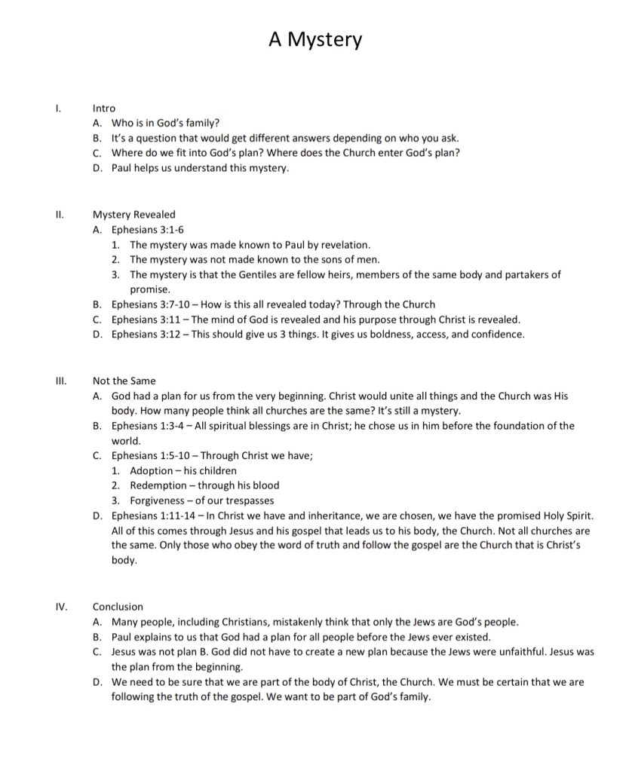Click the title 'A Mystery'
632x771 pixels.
click(315, 39)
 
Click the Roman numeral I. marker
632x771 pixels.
click(58, 109)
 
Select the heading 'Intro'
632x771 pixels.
click(104, 109)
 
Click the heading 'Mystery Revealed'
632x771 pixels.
click(134, 215)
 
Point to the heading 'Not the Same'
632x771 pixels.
click(124, 381)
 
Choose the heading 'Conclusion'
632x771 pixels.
click(118, 607)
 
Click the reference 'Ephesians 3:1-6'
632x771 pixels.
click(148, 230)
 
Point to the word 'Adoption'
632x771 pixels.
click(152, 471)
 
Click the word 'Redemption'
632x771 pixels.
click(159, 486)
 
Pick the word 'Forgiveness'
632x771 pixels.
click(158, 501)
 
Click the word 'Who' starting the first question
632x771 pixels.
click(122, 124)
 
